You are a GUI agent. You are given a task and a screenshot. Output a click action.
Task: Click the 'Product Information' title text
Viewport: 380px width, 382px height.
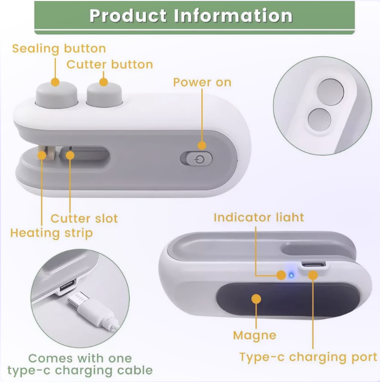point(191,16)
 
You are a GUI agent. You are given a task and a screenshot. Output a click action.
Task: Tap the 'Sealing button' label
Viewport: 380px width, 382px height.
point(59,49)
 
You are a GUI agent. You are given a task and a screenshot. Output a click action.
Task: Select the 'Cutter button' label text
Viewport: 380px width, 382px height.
point(110,65)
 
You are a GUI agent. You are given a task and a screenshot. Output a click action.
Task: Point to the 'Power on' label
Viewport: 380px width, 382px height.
point(202,82)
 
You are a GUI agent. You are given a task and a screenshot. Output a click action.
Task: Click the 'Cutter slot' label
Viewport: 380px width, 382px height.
point(84,218)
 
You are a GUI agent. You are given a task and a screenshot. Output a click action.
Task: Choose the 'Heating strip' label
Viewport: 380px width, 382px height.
point(51,233)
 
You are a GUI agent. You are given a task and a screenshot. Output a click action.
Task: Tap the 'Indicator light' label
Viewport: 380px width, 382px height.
point(259,217)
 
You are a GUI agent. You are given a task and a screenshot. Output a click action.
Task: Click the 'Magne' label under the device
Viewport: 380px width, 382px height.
point(255,335)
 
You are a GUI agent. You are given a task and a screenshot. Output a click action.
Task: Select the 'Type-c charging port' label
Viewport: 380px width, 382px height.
point(308,357)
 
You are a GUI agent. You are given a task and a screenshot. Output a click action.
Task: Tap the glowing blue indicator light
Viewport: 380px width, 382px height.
point(291,276)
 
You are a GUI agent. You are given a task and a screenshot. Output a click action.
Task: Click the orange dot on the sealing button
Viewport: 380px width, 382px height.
point(55,82)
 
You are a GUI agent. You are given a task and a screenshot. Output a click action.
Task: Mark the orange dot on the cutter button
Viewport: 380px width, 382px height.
point(104,82)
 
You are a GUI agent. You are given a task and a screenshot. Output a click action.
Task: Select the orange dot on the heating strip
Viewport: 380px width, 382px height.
point(42,155)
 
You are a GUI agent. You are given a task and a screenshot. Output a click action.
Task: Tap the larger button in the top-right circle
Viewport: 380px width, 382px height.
point(330,92)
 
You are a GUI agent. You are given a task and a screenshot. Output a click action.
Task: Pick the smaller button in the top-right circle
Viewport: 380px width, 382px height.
point(319,120)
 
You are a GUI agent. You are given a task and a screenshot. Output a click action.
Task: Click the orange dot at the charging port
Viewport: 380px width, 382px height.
point(313,276)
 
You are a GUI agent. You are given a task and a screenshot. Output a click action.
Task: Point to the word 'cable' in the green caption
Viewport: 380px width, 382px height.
point(134,370)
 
